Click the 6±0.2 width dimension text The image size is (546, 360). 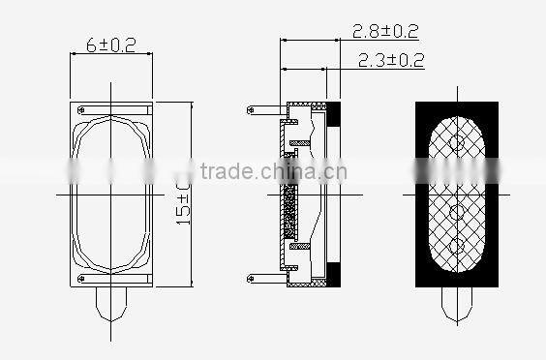[x=110, y=44]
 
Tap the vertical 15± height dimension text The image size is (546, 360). [x=184, y=199]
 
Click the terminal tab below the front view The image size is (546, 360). [x=111, y=308]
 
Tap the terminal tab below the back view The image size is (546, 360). [x=456, y=308]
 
